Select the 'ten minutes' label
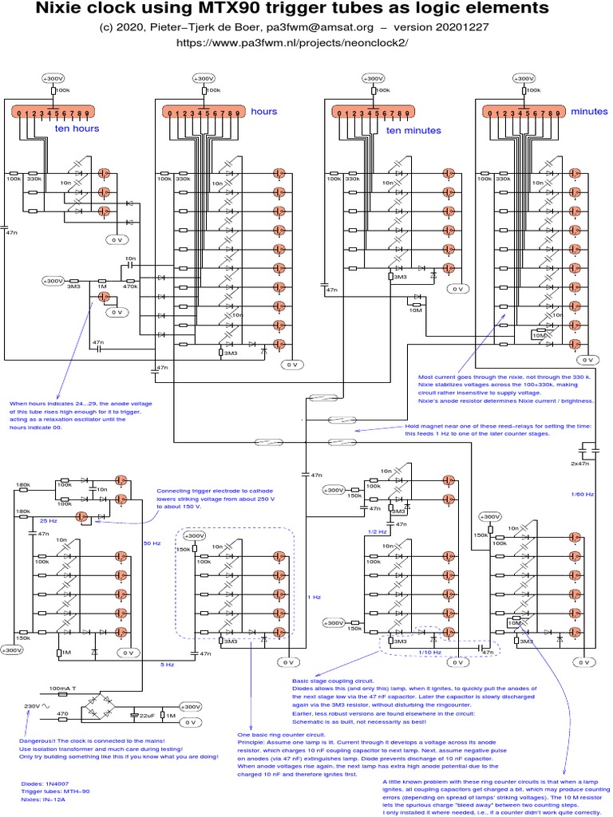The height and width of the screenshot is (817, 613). (x=413, y=130)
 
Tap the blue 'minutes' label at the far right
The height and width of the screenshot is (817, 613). (x=589, y=112)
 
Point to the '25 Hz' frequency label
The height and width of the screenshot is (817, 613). (x=48, y=519)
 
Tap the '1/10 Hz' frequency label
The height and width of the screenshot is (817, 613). (x=428, y=653)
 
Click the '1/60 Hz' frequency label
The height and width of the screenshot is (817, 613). (x=582, y=495)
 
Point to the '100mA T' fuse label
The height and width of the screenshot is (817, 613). (x=64, y=687)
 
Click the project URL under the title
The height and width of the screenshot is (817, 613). (x=306, y=43)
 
